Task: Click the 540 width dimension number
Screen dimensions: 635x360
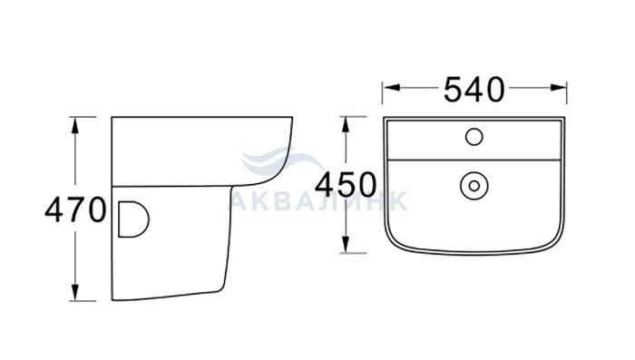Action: (x=474, y=90)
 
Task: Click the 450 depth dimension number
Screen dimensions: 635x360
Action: (x=346, y=185)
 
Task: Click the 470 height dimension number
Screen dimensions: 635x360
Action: (x=75, y=210)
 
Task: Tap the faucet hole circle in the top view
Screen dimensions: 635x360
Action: (x=474, y=137)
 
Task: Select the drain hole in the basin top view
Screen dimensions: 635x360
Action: (x=474, y=186)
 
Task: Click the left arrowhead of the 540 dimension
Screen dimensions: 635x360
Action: (x=392, y=87)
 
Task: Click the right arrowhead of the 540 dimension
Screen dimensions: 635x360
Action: (x=558, y=87)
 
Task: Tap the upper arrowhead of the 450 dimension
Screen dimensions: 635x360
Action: (x=346, y=125)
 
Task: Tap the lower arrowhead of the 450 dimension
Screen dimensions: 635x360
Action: (x=346, y=245)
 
